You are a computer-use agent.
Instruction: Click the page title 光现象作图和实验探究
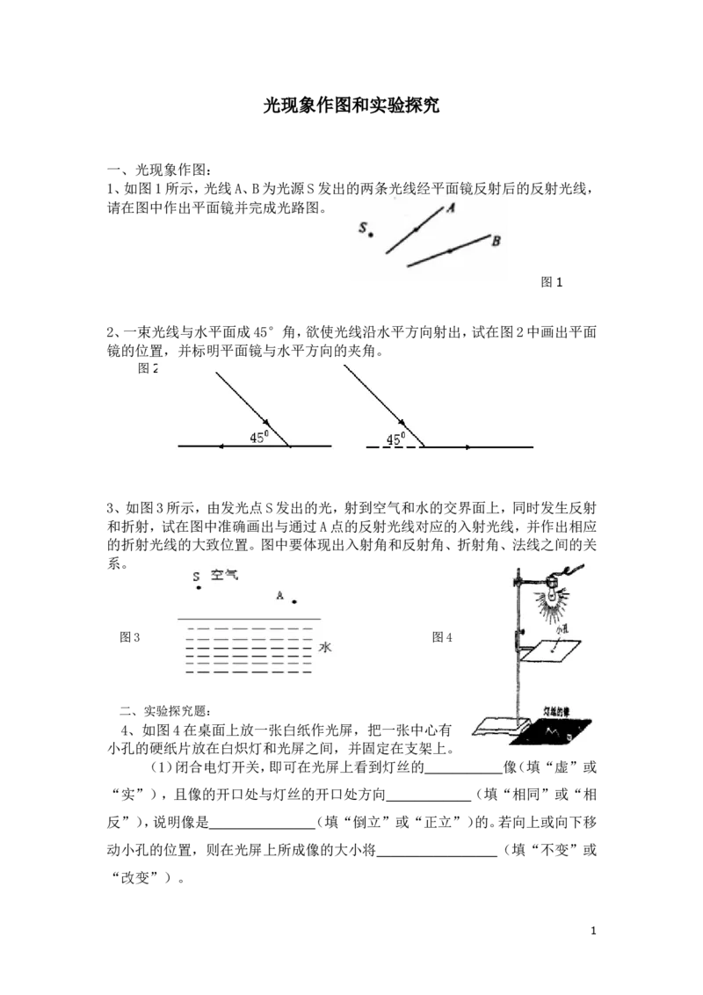(x=351, y=105)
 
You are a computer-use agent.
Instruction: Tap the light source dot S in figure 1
(x=371, y=235)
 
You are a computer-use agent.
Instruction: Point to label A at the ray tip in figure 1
(x=451, y=207)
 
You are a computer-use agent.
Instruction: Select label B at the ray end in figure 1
(x=496, y=241)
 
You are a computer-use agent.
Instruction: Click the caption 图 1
(x=551, y=282)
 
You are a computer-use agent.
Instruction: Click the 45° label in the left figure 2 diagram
(x=259, y=437)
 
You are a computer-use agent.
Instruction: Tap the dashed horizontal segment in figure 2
(x=395, y=447)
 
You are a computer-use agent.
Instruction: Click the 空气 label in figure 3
(x=224, y=575)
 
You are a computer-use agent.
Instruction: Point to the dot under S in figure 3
(x=199, y=588)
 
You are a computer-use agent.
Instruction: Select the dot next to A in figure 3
(x=294, y=601)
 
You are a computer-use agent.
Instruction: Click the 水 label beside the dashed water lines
(x=325, y=647)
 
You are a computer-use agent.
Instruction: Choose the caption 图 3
(x=129, y=637)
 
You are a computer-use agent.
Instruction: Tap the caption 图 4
(x=442, y=637)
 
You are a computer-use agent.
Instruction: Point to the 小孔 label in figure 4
(x=561, y=630)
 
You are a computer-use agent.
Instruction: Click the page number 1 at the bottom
(x=593, y=931)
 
